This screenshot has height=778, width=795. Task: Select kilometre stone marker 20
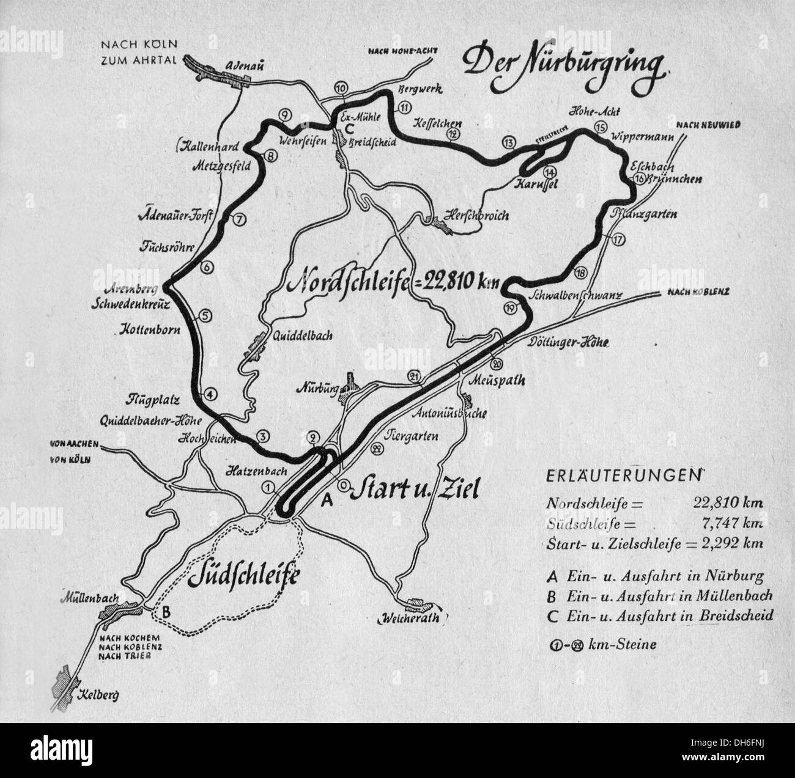pos(497,364)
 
